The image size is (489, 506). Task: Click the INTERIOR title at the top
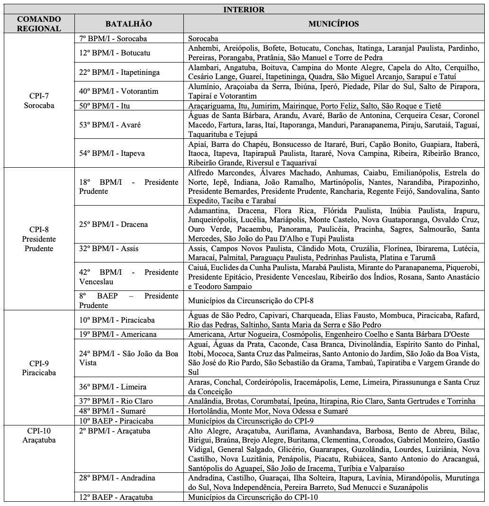coord(244,9)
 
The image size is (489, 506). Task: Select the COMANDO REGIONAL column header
coord(38,24)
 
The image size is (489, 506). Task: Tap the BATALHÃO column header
coord(128,24)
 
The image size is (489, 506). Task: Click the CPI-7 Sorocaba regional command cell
coord(38,100)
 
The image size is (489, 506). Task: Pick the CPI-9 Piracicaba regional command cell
coord(38,367)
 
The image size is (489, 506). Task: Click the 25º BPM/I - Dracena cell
coord(113,224)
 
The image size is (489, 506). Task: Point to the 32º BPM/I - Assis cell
coord(109,248)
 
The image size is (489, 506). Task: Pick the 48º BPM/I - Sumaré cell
coord(112,411)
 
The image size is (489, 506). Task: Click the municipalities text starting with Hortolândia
coord(268,411)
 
